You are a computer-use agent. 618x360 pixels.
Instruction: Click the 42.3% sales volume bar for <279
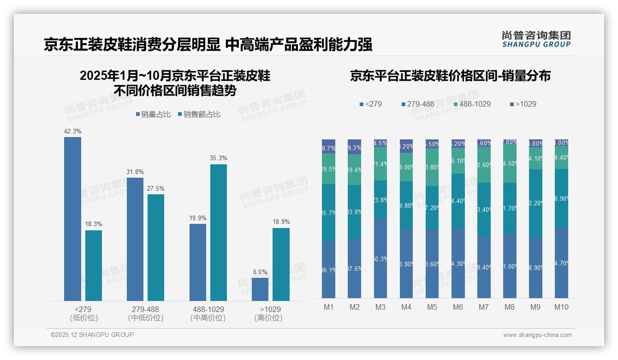point(72,219)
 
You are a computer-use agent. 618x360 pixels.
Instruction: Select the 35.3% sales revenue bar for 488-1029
point(218,233)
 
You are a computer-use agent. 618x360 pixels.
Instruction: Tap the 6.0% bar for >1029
point(260,289)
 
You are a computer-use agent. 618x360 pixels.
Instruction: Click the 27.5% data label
point(156,188)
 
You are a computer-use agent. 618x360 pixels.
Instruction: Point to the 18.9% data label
point(281,222)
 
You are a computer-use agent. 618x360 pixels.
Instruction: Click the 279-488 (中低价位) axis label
point(145,313)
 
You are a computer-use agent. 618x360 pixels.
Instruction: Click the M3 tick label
point(380,307)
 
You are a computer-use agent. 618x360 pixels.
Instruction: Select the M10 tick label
point(561,307)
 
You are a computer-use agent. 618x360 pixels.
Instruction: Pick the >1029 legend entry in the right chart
point(523,104)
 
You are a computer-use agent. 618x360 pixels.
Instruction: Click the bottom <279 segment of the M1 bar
point(328,269)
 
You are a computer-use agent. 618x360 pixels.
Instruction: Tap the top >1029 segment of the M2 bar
point(354,146)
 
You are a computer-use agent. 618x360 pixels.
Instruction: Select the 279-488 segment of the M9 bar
point(535,203)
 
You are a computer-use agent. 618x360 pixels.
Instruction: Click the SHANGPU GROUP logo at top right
point(536,39)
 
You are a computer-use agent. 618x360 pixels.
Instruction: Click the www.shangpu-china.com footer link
point(537,335)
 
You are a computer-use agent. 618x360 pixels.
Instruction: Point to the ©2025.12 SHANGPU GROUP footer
point(92,335)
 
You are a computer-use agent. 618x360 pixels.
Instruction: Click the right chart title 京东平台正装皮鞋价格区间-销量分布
point(450,76)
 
